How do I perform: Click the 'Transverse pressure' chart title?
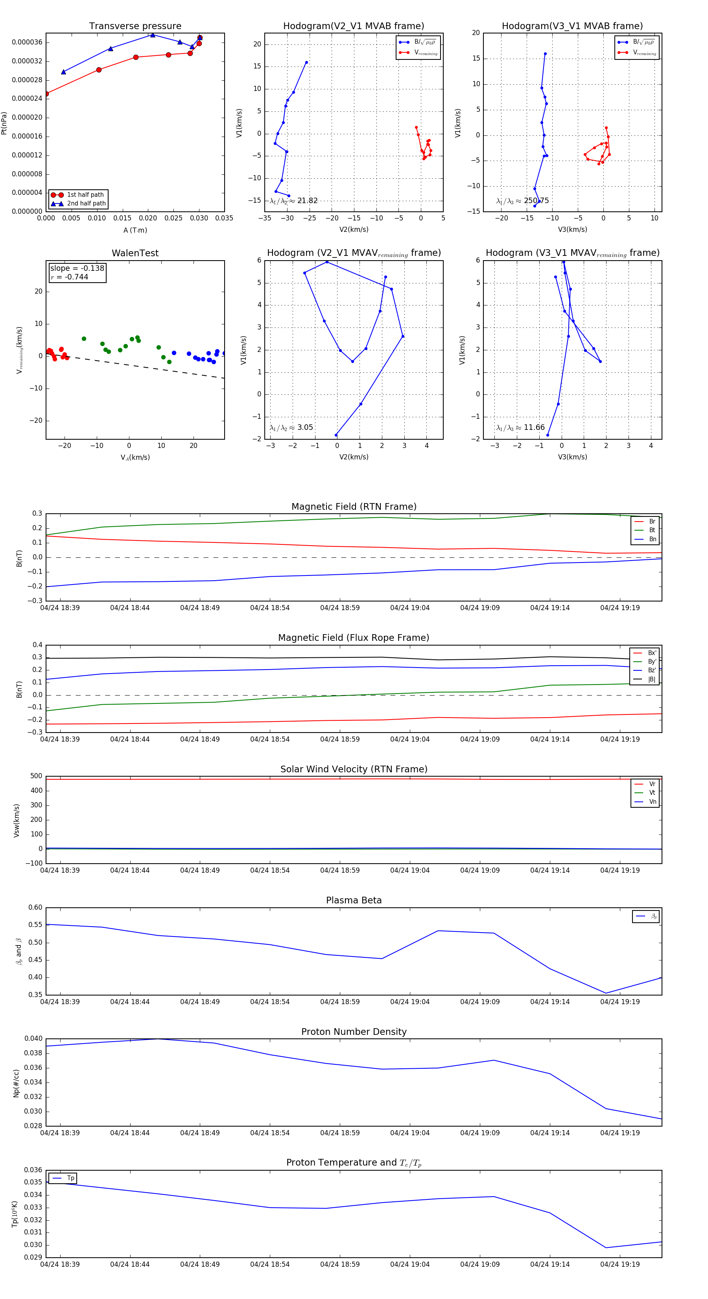point(135,26)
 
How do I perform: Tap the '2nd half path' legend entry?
point(86,204)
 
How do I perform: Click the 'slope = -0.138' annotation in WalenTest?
point(77,268)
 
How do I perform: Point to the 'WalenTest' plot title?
point(135,253)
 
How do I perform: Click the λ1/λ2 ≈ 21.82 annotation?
point(294,201)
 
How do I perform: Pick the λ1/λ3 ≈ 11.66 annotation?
point(520,427)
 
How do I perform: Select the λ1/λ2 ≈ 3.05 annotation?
point(291,427)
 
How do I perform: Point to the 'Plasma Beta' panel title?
point(354,901)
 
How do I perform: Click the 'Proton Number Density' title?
point(354,1032)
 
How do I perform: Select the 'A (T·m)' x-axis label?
point(135,230)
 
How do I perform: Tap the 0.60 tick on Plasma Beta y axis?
point(35,908)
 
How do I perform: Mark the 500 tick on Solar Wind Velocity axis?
point(36,776)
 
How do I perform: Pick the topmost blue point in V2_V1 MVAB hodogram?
point(306,63)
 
